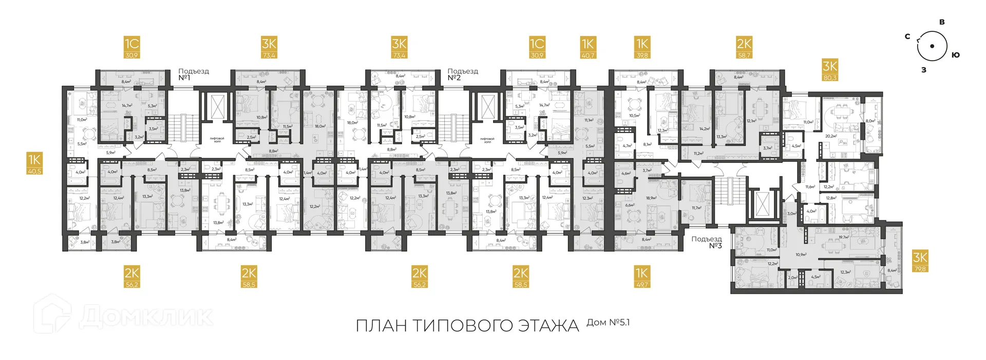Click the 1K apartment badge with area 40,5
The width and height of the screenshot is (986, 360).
pyautogui.click(x=34, y=163)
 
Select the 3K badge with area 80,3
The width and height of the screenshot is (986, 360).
pyautogui.click(x=830, y=70)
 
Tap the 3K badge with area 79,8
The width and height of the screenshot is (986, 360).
pyautogui.click(x=920, y=261)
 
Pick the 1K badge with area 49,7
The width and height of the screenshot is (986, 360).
pyautogui.click(x=641, y=276)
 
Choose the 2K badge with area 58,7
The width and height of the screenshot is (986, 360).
pyautogui.click(x=744, y=47)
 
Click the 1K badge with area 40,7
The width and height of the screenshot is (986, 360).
pyautogui.click(x=588, y=47)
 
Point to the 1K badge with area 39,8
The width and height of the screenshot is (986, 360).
pyautogui.click(x=642, y=47)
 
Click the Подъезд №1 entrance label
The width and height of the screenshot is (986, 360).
pyautogui.click(x=193, y=74)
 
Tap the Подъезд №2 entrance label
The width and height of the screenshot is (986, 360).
pyautogui.click(x=462, y=74)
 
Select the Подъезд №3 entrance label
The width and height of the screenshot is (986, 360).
pyautogui.click(x=707, y=242)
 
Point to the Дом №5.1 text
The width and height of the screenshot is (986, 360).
pyautogui.click(x=608, y=323)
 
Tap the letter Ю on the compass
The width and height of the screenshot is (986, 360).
pyautogui.click(x=955, y=55)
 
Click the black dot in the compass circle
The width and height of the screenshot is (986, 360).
pyautogui.click(x=932, y=46)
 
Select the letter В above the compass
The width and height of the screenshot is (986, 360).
pyautogui.click(x=942, y=22)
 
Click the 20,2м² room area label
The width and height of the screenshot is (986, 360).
pyautogui.click(x=830, y=136)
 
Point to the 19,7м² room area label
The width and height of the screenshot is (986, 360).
pyautogui.click(x=843, y=238)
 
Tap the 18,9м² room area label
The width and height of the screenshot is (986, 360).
pyautogui.click(x=651, y=198)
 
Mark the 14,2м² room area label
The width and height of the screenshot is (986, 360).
pyautogui.click(x=704, y=129)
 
